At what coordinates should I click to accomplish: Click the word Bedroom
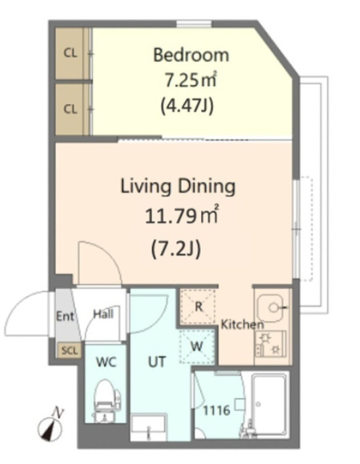pos(191,55)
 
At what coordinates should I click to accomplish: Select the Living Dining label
pos(178,187)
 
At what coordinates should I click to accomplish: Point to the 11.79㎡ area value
pos(182,216)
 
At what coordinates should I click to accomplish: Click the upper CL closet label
pos(70,53)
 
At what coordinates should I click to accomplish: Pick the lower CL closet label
pos(70,109)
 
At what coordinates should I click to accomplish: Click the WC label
pos(106,362)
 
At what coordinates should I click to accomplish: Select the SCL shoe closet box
pos(69,351)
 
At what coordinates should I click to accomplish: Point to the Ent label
pos(65,316)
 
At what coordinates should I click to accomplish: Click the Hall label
pos(104,314)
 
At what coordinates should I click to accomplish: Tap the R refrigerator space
pos(198,307)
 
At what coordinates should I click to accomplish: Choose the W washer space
pos(197,346)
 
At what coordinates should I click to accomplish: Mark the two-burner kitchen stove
pos(271,344)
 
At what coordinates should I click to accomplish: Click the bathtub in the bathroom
pos(269,405)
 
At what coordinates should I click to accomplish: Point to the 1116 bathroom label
pos(216,410)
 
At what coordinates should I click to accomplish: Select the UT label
pos(156,362)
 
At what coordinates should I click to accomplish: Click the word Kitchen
pos(242,324)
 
